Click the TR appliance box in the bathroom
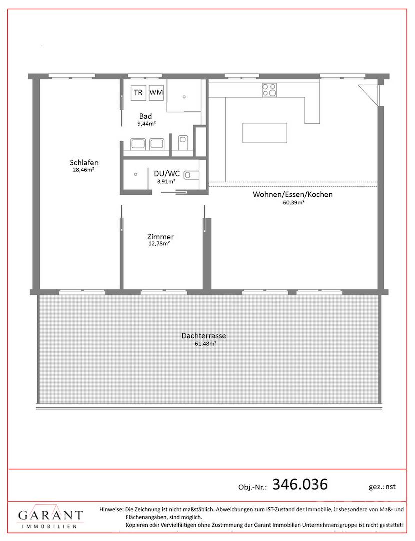[138, 93]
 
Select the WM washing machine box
[156, 93]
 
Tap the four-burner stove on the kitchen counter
[269, 90]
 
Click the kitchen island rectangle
[265, 133]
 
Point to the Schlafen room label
[84, 162]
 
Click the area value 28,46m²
[84, 170]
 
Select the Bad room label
[145, 116]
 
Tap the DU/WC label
[167, 173]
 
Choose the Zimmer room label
[160, 236]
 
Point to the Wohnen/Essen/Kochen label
[293, 194]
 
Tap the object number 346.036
[300, 484]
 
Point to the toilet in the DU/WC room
[192, 175]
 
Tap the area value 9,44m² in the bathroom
[146, 123]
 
